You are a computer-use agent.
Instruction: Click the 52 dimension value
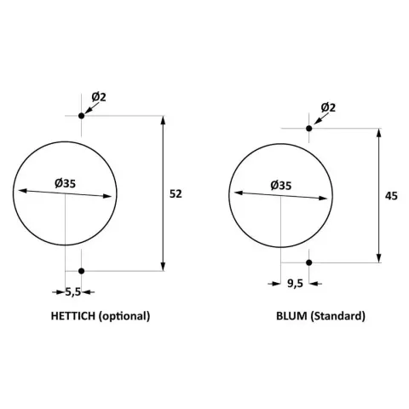(176, 194)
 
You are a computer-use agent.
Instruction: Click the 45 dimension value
(391, 196)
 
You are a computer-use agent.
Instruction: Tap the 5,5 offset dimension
(73, 291)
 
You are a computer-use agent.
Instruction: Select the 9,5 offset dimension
(295, 284)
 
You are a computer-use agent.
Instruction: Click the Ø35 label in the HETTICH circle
(66, 183)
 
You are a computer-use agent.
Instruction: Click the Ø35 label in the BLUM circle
(281, 186)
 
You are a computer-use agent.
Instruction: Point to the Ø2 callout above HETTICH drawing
(99, 97)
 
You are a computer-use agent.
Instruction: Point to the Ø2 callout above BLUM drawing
(328, 107)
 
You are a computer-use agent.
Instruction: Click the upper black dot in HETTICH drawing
(82, 116)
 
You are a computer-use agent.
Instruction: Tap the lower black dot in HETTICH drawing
(82, 271)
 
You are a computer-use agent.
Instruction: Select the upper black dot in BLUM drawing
(309, 129)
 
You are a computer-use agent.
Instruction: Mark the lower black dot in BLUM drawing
(309, 262)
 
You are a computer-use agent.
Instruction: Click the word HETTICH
(73, 316)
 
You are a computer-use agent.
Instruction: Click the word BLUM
(291, 316)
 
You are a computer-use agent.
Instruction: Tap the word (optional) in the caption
(124, 316)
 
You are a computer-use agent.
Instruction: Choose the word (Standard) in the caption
(337, 316)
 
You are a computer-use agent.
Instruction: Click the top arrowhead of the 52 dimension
(163, 120)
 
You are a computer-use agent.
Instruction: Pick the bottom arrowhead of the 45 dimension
(378, 258)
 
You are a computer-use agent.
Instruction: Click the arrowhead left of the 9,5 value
(276, 284)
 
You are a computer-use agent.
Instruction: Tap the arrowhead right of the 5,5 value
(86, 291)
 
